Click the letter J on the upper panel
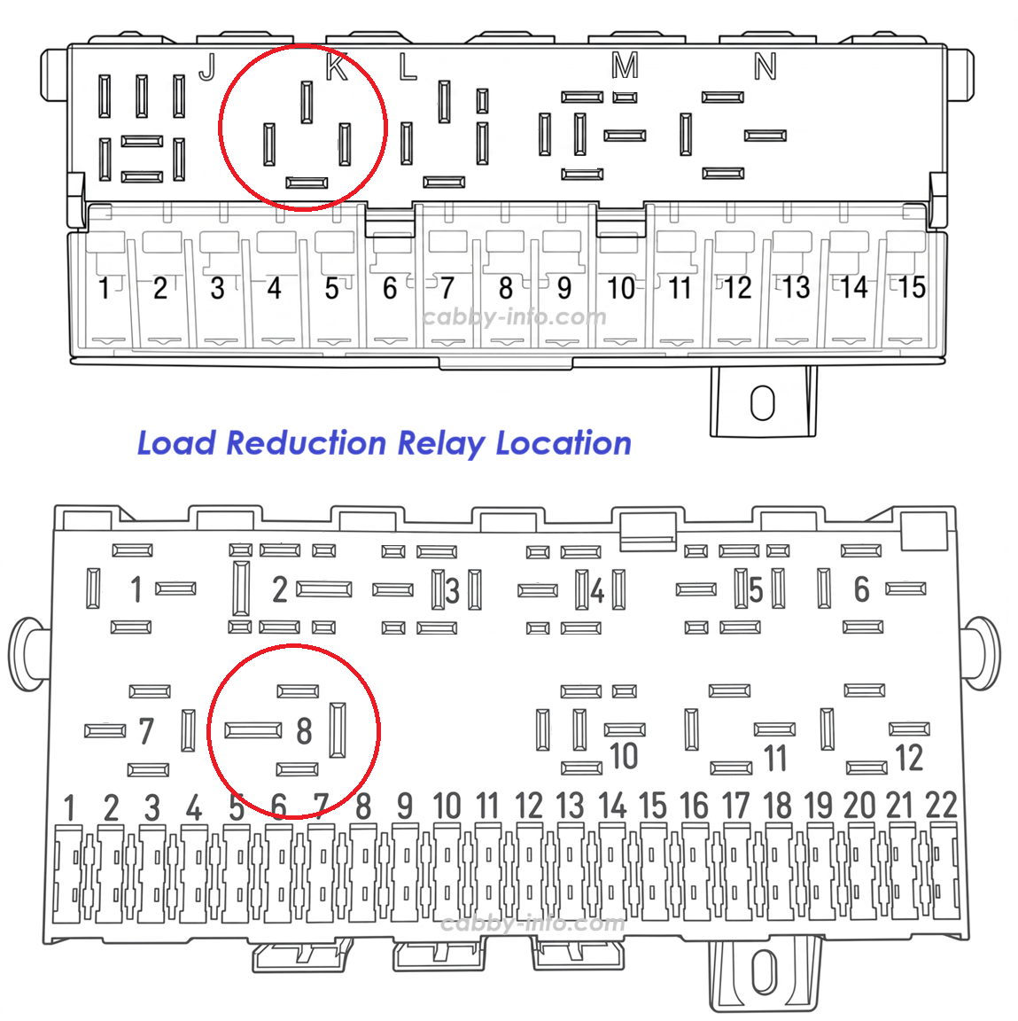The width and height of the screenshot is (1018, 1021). pyautogui.click(x=207, y=67)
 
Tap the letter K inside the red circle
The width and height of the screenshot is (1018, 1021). pyautogui.click(x=337, y=66)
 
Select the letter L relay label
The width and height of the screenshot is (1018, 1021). pyautogui.click(x=408, y=66)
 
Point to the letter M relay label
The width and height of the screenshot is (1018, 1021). pyautogui.click(x=625, y=66)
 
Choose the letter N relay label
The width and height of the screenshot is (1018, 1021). pyautogui.click(x=765, y=66)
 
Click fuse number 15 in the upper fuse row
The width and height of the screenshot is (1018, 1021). pyautogui.click(x=912, y=287)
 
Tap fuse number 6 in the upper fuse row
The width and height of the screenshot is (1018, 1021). pyautogui.click(x=390, y=288)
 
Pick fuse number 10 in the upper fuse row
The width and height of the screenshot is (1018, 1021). pyautogui.click(x=621, y=288)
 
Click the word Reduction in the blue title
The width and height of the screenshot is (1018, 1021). pyautogui.click(x=306, y=443)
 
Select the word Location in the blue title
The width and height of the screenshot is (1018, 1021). pyautogui.click(x=563, y=443)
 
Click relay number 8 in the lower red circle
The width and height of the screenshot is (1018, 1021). pyautogui.click(x=304, y=730)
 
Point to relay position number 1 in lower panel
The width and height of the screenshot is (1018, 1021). pyautogui.click(x=136, y=589)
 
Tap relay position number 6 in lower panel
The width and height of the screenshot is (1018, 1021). pyautogui.click(x=862, y=589)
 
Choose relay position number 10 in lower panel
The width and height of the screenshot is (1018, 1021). pyautogui.click(x=624, y=757)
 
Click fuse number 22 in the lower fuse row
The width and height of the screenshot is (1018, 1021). pyautogui.click(x=941, y=807)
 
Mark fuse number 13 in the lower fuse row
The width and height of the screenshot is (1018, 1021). pyautogui.click(x=570, y=807)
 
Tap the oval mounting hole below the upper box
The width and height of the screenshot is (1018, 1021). pyautogui.click(x=762, y=403)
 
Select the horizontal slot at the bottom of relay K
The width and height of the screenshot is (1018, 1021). pyautogui.click(x=307, y=183)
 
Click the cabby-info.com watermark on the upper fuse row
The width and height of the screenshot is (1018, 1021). pyautogui.click(x=514, y=317)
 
